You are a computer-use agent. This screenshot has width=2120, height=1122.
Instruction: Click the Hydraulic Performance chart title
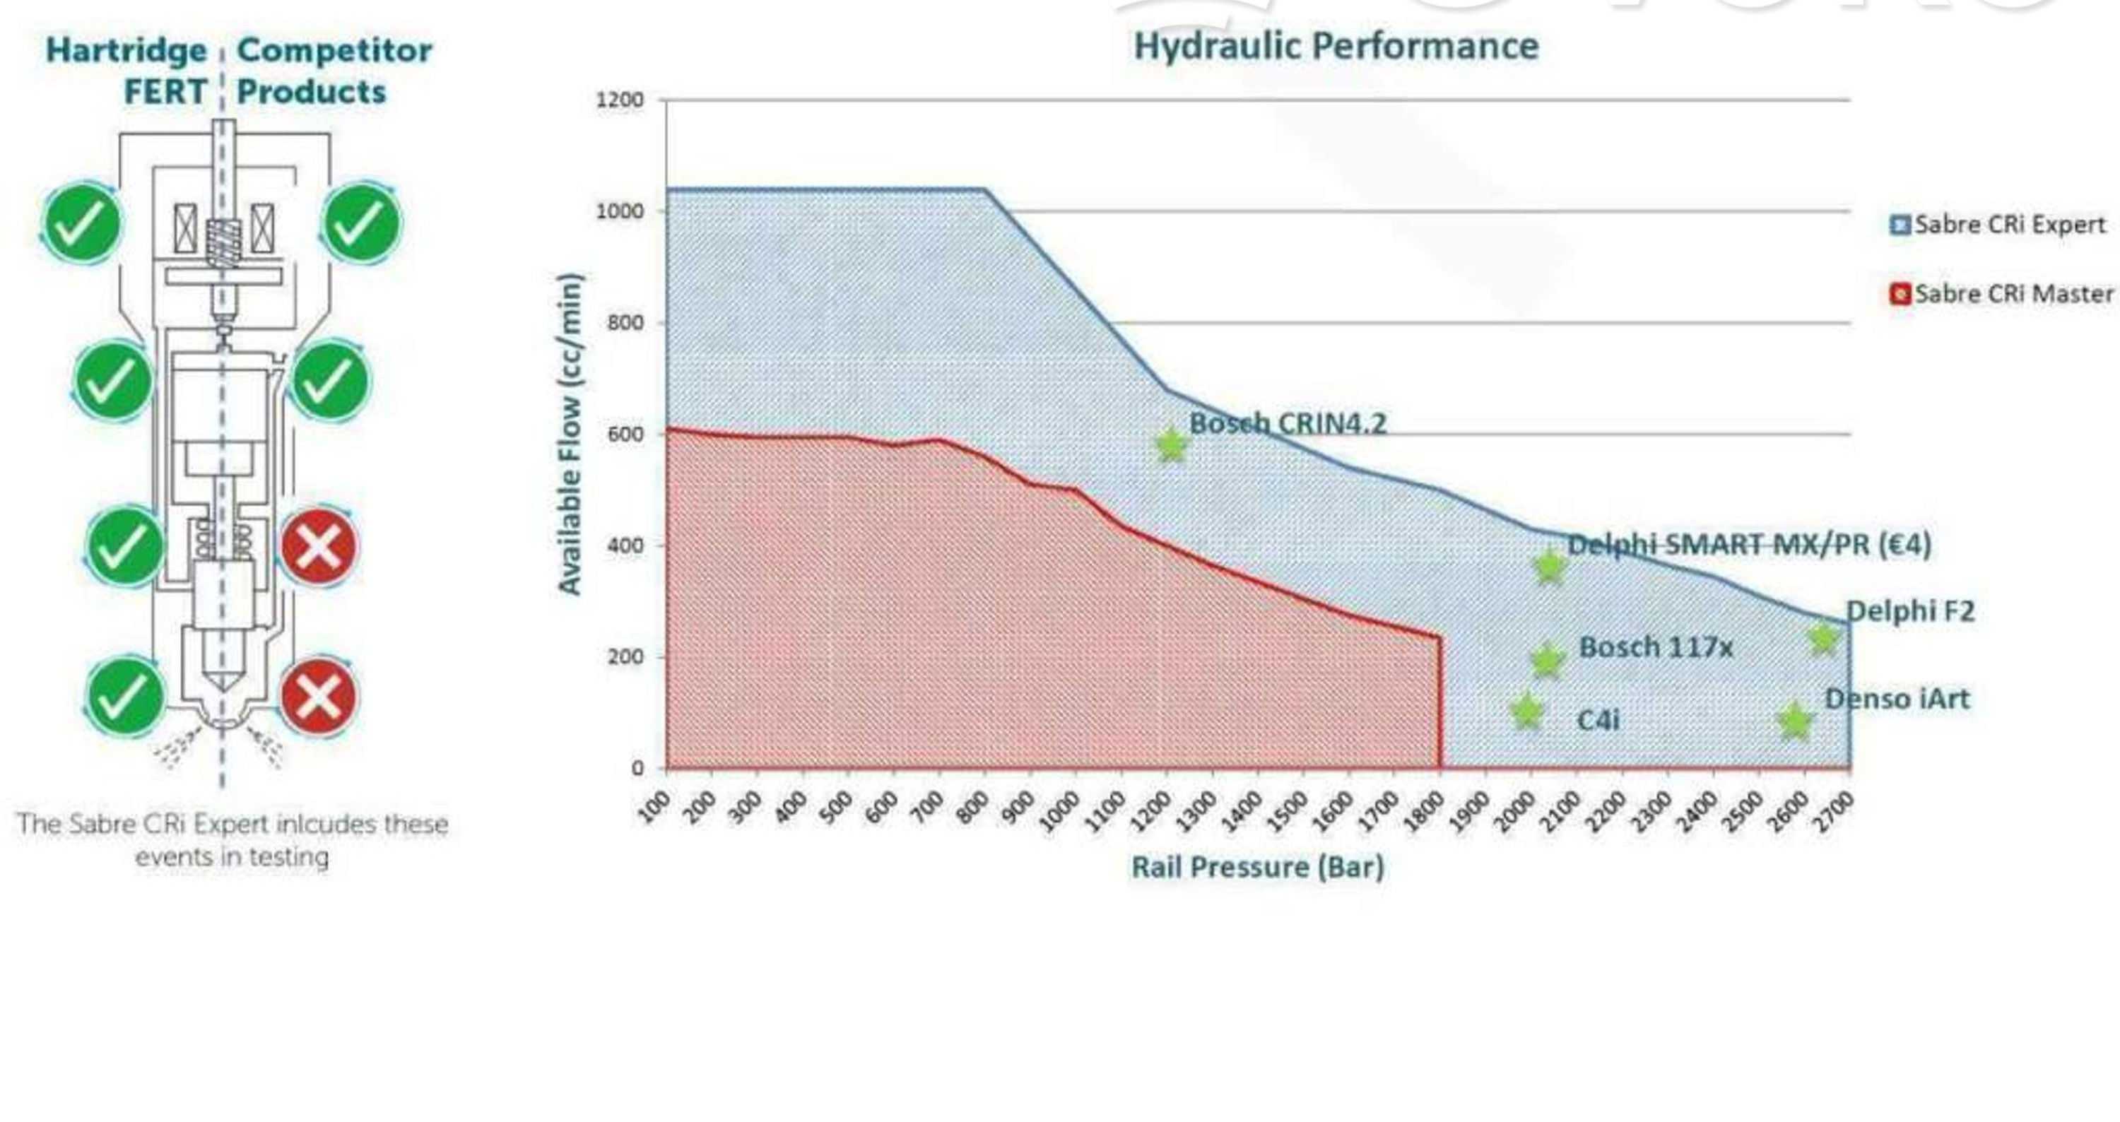pos(1336,46)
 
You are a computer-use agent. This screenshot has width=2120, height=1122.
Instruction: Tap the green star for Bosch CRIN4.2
pos(1171,445)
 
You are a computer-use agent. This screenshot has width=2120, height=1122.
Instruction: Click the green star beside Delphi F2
pos(1823,638)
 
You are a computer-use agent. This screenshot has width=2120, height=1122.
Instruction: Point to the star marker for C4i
pos(1526,712)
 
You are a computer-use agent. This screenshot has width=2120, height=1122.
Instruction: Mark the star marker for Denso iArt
pos(1794,721)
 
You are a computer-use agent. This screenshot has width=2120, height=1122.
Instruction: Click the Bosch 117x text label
pos(1656,647)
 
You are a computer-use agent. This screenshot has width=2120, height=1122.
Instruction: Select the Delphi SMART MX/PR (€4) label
pos(1749,545)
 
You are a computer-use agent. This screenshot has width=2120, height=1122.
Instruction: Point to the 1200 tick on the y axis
pos(619,100)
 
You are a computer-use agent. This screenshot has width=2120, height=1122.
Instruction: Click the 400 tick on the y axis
pos(625,545)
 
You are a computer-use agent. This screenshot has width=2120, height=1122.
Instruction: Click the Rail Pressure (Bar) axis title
pos(1256,867)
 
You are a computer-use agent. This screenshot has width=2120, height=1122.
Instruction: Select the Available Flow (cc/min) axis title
pos(570,434)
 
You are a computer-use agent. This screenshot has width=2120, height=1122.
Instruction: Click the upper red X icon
pos(319,546)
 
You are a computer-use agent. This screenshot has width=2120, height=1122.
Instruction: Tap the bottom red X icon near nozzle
pos(319,697)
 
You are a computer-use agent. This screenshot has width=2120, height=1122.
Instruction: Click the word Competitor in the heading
pos(334,50)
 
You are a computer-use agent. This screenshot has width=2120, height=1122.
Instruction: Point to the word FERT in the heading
pos(165,91)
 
